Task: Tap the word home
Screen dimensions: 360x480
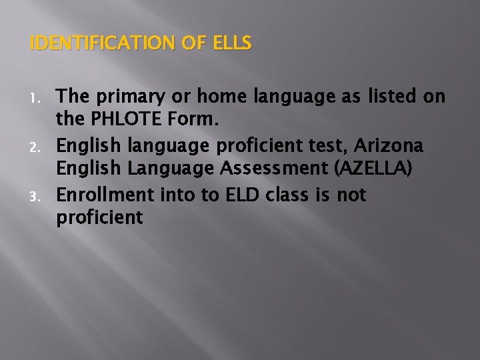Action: pyautogui.click(x=221, y=97)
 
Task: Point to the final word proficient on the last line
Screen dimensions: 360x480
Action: pyautogui.click(x=99, y=218)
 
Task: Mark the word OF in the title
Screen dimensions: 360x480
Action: pyautogui.click(x=191, y=44)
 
